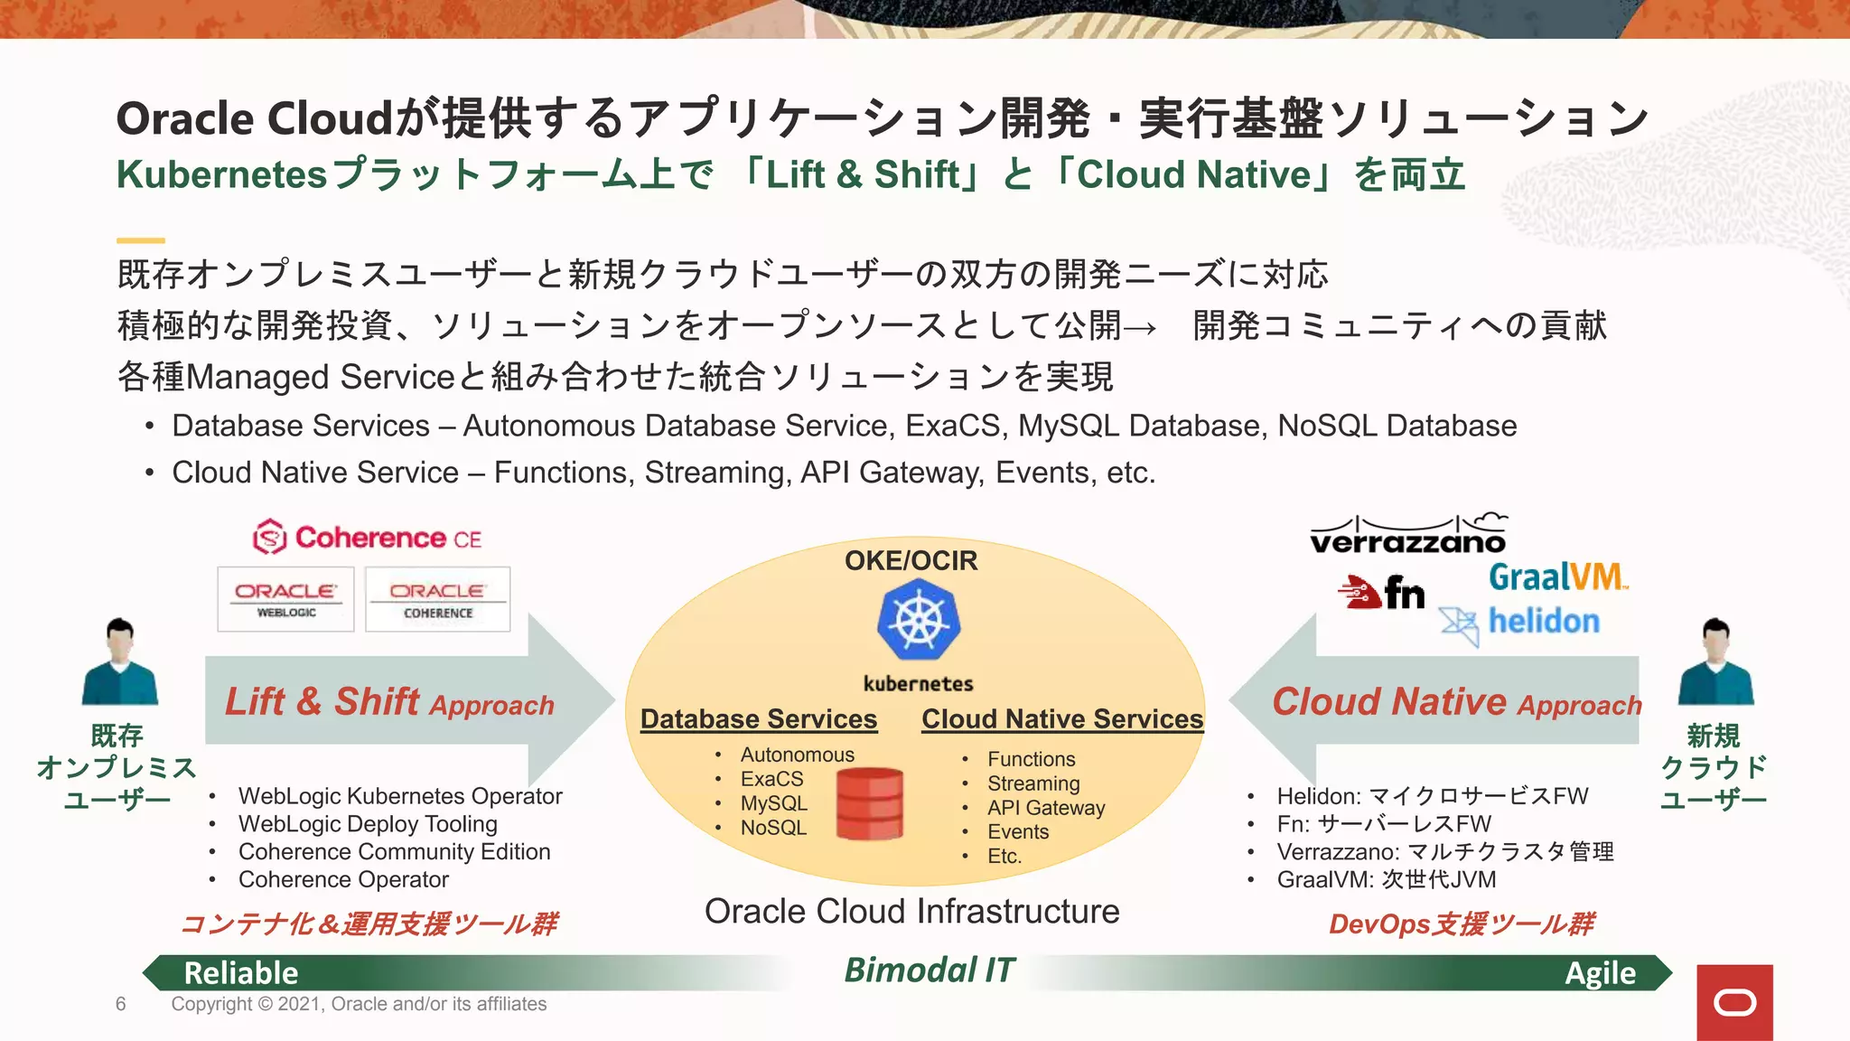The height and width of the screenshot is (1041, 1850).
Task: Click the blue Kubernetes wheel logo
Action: coord(918,621)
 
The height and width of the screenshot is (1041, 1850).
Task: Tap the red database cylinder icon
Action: coord(869,803)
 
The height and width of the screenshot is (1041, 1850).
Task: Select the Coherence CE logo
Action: coord(368,538)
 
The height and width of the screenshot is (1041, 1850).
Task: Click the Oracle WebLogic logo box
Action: coord(285,599)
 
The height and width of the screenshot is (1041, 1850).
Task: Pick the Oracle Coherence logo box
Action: coord(437,599)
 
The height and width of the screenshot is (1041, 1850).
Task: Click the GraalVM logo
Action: coord(1556,577)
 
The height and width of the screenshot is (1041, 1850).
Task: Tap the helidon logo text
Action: coord(1543,622)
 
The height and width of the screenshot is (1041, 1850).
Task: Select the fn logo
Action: coord(1383,593)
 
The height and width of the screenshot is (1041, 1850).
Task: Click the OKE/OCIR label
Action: coord(911,560)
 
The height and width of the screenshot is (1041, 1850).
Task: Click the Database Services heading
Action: coord(759,719)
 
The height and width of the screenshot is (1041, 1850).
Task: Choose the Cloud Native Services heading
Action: coord(1062,719)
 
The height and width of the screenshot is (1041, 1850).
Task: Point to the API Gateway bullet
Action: coord(1045,808)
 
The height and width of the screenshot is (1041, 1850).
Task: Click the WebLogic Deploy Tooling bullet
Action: coord(368,824)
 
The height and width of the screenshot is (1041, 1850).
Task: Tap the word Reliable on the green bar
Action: coord(240,973)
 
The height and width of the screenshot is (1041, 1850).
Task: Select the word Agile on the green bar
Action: coord(1600,973)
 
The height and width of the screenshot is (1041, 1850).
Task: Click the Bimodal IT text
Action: coord(929,971)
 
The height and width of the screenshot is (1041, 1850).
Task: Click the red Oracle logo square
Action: coord(1734,1002)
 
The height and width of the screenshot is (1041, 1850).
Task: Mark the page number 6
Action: coord(121,1004)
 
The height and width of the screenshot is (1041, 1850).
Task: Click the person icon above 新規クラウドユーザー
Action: coord(1715,662)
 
